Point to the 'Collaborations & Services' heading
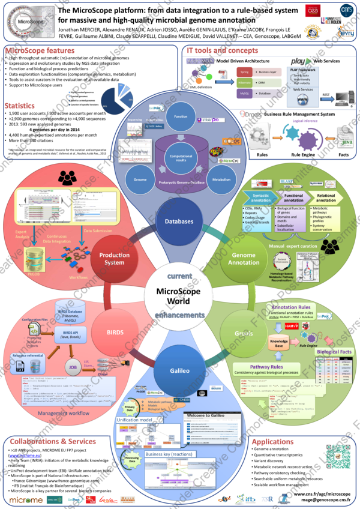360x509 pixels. [x=55, y=441]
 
